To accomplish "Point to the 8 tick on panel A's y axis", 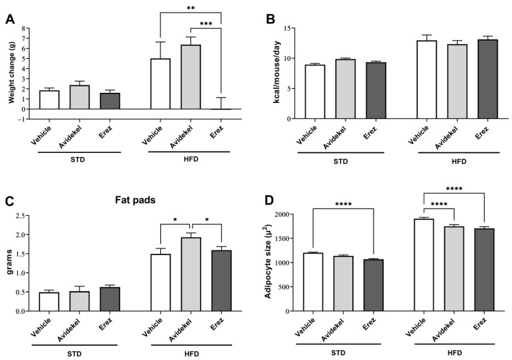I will [x=23, y=29].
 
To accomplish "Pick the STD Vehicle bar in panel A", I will [x=49, y=100].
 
